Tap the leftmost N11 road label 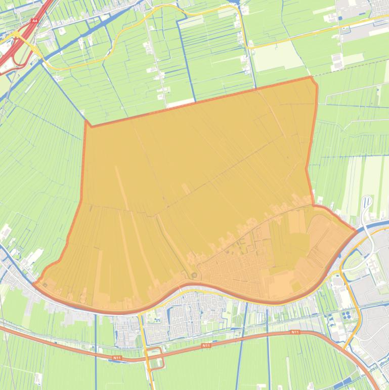pyautogui.click(x=117, y=358)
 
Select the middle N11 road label pyautogui.click(x=205, y=345)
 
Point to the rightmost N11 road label pyautogui.click(x=295, y=332)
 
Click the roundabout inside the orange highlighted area pyautogui.click(x=194, y=275)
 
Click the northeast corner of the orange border pyautogui.click(x=312, y=77)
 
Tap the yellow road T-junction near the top pyautogui.click(x=246, y=47)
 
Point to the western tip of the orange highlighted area pyautogui.click(x=34, y=284)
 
